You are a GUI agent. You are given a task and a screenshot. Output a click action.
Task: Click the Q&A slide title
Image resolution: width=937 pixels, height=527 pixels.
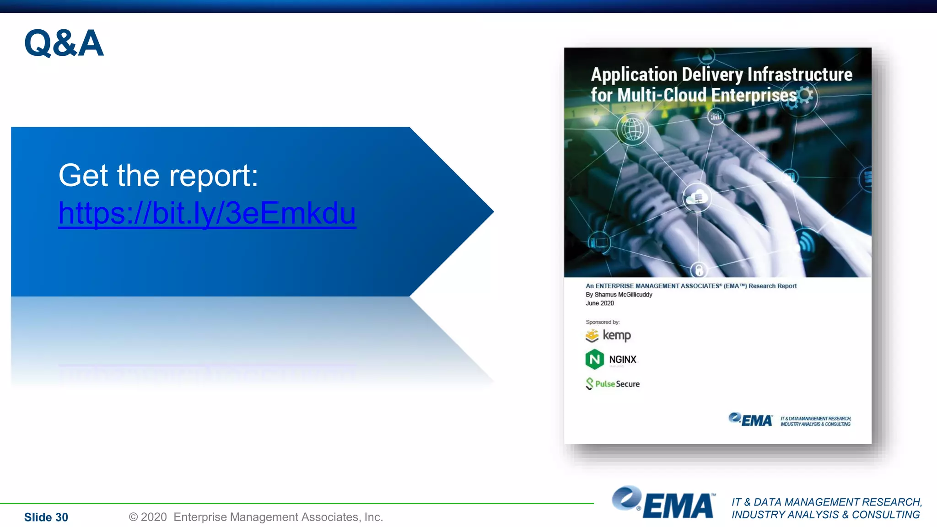point(64,43)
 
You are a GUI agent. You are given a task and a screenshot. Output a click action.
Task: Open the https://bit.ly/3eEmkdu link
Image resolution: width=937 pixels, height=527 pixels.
point(207,213)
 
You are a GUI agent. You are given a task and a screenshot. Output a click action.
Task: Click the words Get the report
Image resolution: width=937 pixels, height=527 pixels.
point(158,176)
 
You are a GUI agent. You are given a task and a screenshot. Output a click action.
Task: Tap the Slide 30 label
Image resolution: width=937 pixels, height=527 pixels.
point(46,517)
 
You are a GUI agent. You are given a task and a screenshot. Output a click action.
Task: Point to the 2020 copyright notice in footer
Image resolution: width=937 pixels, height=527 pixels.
point(255,517)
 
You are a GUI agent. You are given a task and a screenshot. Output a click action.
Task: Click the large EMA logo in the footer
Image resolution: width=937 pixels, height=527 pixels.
point(663,503)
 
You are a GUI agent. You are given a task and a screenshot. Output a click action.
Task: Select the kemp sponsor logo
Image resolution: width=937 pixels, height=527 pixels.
point(609,335)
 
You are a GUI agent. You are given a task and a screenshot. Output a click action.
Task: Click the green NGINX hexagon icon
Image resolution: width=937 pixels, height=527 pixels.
point(594,359)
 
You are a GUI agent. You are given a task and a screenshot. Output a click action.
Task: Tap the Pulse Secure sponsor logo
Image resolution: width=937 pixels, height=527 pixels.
point(613,384)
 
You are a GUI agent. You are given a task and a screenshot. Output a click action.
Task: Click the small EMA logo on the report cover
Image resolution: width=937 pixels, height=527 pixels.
point(751,419)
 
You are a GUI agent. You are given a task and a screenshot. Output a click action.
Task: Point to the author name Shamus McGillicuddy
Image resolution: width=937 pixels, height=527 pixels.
point(623,295)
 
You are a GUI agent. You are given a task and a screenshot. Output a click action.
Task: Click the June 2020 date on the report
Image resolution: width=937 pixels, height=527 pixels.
point(600,303)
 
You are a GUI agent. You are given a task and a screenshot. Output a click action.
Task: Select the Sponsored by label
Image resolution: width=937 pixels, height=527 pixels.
point(603,322)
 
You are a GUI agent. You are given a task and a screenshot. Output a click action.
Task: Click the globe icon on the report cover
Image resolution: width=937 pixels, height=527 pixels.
point(633,130)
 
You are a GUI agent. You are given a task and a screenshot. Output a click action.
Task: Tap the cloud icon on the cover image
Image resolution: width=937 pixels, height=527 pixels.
point(696,198)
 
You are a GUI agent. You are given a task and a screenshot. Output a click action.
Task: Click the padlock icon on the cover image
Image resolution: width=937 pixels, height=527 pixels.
point(699,270)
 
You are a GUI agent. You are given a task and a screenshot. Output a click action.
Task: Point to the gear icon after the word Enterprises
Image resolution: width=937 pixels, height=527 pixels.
point(805,96)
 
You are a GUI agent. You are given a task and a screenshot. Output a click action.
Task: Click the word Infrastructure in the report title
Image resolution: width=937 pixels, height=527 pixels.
point(800,75)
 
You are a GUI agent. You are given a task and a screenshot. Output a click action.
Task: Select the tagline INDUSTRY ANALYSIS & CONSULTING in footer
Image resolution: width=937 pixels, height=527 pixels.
point(825,515)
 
